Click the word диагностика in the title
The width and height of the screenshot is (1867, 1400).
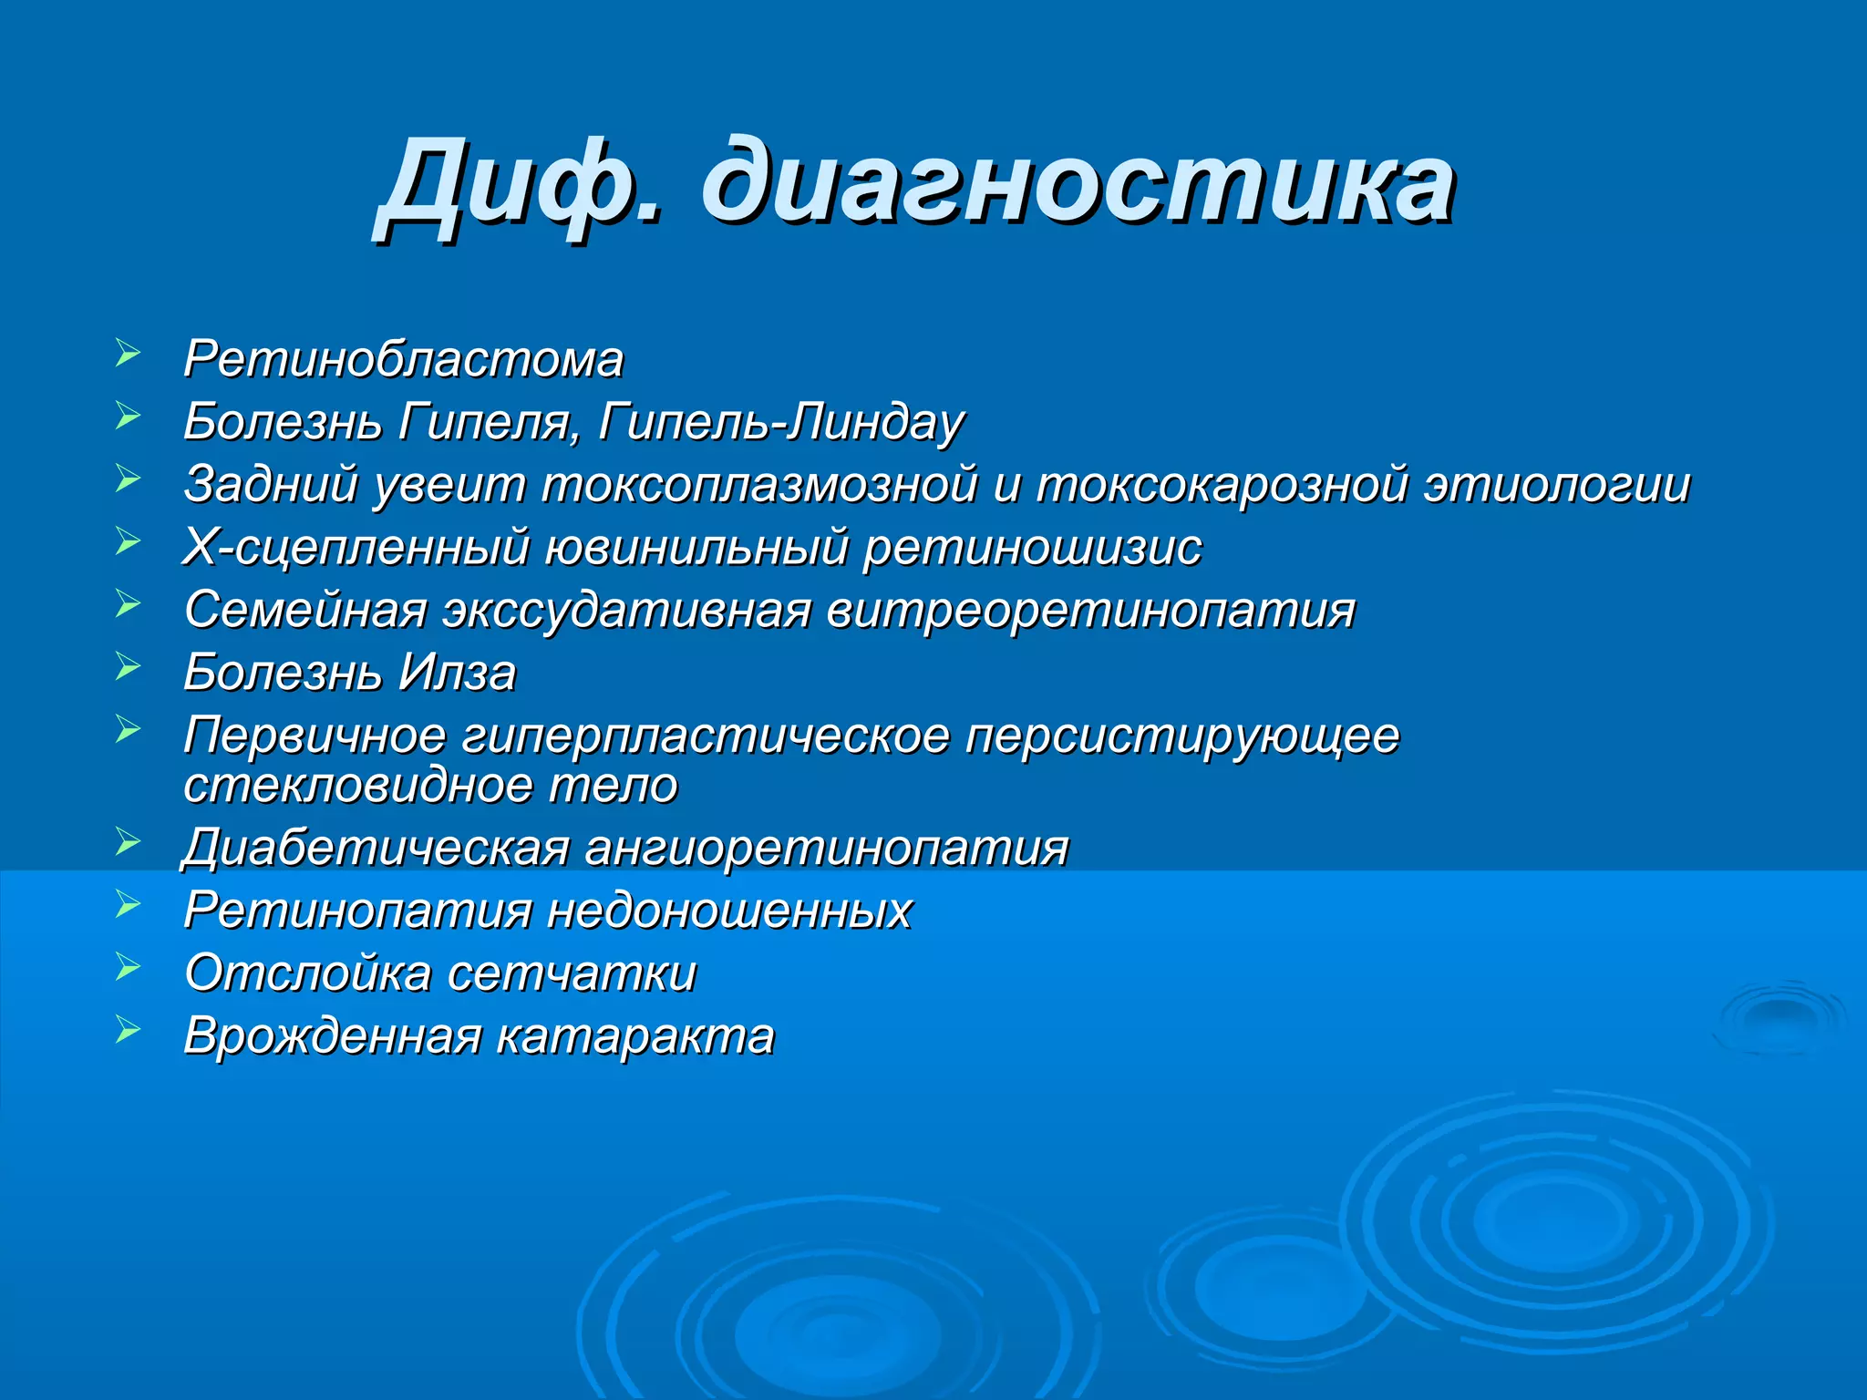(x=1076, y=182)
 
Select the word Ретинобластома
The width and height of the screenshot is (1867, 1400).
(x=404, y=359)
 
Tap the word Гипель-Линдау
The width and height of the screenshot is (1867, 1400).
(x=781, y=422)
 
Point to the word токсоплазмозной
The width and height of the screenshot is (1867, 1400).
(x=759, y=484)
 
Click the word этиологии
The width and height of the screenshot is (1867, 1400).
(x=1557, y=484)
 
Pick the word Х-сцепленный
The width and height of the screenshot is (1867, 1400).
(x=356, y=547)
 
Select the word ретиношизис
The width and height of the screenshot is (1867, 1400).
(x=1032, y=547)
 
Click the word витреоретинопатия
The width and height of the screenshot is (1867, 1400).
(x=1090, y=610)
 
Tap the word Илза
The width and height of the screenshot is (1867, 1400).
(x=458, y=673)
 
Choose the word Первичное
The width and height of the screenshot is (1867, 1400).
(x=315, y=735)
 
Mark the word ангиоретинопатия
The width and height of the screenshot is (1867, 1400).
(x=826, y=848)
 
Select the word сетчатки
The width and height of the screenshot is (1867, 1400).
(x=572, y=973)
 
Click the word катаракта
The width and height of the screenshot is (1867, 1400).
(x=635, y=1035)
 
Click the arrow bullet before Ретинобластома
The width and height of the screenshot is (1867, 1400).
(x=128, y=353)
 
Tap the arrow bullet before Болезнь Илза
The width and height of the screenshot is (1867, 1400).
(x=128, y=666)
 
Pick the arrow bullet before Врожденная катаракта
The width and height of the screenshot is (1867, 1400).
(x=128, y=1029)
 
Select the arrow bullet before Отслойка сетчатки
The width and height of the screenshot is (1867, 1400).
(x=128, y=966)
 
